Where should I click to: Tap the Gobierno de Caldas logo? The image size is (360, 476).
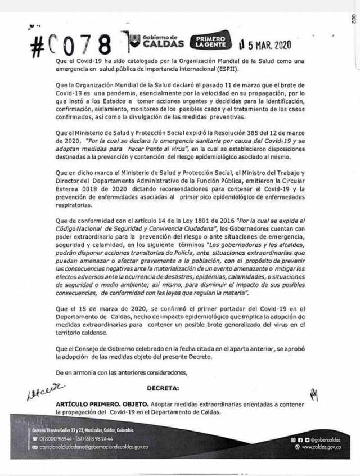click(x=156, y=41)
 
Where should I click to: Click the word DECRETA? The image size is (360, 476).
click(x=164, y=388)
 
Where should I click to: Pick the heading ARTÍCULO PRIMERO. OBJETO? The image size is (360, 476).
click(x=103, y=405)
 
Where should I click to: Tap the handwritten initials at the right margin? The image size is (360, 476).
click(x=313, y=396)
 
